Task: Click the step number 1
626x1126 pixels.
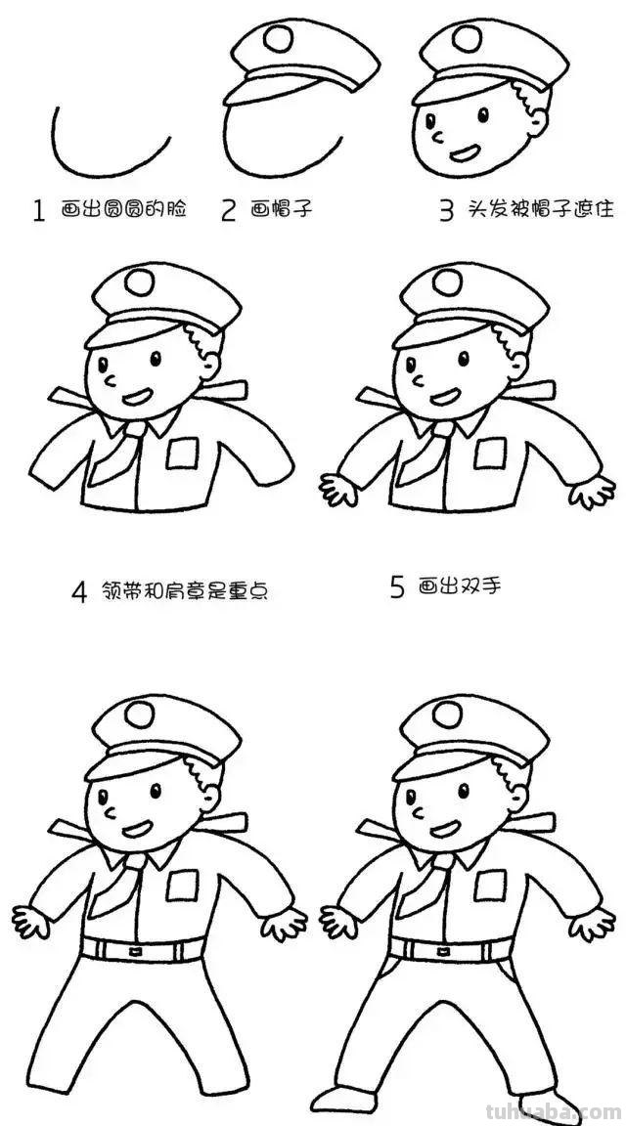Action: coord(39,210)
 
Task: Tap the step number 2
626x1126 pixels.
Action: coord(229,210)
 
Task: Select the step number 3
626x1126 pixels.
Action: coord(446,210)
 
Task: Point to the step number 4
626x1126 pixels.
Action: coord(80,592)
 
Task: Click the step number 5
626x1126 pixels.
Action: coord(397,587)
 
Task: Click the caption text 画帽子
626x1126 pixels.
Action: coord(282,209)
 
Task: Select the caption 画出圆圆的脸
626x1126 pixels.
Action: coord(122,209)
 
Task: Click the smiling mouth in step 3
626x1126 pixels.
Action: coord(464,152)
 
